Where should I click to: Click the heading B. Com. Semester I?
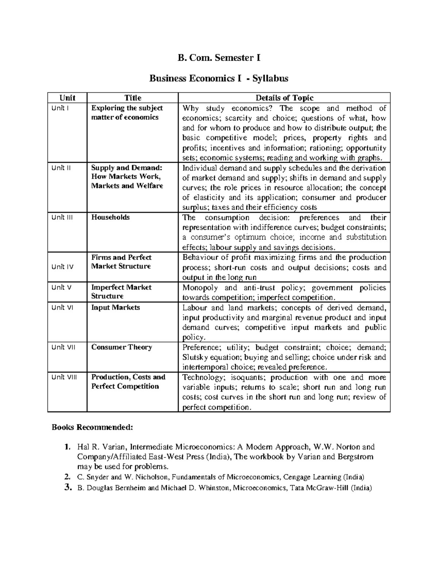coord(219,58)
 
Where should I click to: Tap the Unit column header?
coord(67,98)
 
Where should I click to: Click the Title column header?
coord(132,98)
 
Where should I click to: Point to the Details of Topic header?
coord(284,98)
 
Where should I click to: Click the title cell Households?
coord(110,217)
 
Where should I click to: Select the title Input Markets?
coord(115,307)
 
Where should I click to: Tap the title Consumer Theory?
coord(122,347)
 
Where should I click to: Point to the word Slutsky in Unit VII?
coord(194,357)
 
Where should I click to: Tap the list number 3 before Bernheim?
coord(66,487)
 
